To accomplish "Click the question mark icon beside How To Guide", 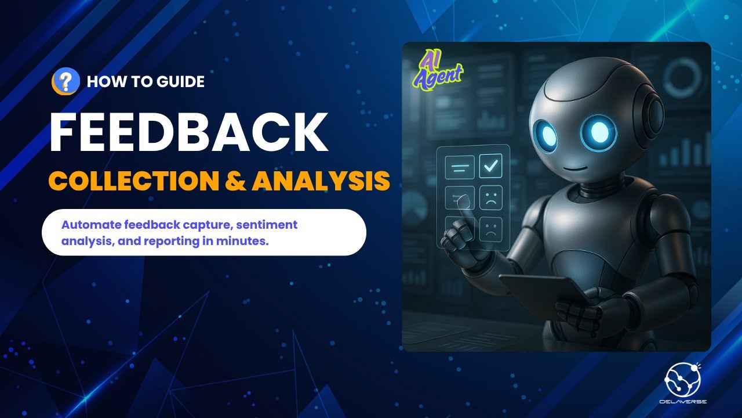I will [x=66, y=81].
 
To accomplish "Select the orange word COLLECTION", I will [x=132, y=182].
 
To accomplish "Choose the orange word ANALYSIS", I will [x=320, y=182].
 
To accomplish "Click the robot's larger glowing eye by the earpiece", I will [x=600, y=131].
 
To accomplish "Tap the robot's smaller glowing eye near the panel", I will [x=545, y=135].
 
